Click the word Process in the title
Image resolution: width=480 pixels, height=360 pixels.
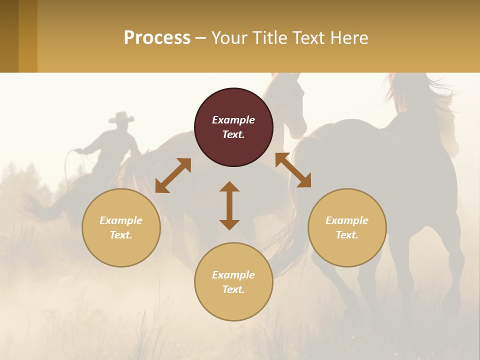point(157,38)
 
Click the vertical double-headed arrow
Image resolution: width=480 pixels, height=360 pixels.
point(229,205)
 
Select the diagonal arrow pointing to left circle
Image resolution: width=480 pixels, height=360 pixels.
point(173,175)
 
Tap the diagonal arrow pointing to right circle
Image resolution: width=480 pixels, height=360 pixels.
point(293,170)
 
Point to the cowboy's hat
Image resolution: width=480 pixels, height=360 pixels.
point(121,118)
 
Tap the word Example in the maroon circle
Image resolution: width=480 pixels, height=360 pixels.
point(233,120)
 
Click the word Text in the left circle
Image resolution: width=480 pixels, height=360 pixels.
point(121,235)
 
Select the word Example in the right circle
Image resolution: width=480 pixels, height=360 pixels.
point(347,220)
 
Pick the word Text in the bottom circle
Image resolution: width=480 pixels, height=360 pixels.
point(233,289)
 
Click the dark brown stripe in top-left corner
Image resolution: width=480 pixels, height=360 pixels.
point(9,36)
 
